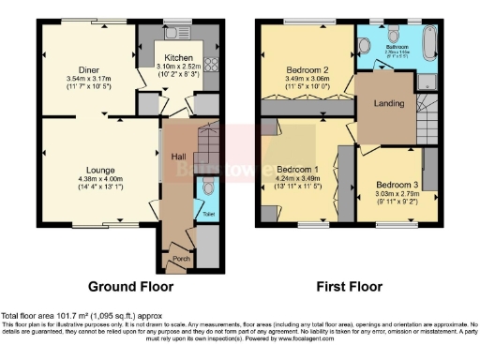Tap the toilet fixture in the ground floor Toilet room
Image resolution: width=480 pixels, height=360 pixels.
tap(206, 188)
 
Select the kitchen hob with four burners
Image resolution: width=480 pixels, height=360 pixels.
tap(211, 66)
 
